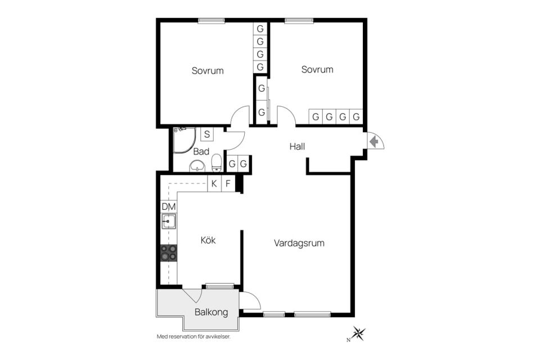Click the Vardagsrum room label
tap(299, 243)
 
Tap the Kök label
tap(208, 240)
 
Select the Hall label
tap(297, 146)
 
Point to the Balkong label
tap(211, 312)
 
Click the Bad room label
tap(201, 151)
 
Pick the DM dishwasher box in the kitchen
tap(169, 206)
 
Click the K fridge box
tap(214, 183)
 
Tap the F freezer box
tap(228, 183)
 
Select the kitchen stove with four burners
tap(169, 253)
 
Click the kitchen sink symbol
tap(169, 221)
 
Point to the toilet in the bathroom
tap(216, 163)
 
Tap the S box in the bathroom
tap(206, 134)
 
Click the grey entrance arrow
tap(373, 142)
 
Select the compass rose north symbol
tap(358, 333)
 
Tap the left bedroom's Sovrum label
tap(208, 71)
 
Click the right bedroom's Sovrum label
tap(317, 70)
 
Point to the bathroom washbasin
tap(197, 166)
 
